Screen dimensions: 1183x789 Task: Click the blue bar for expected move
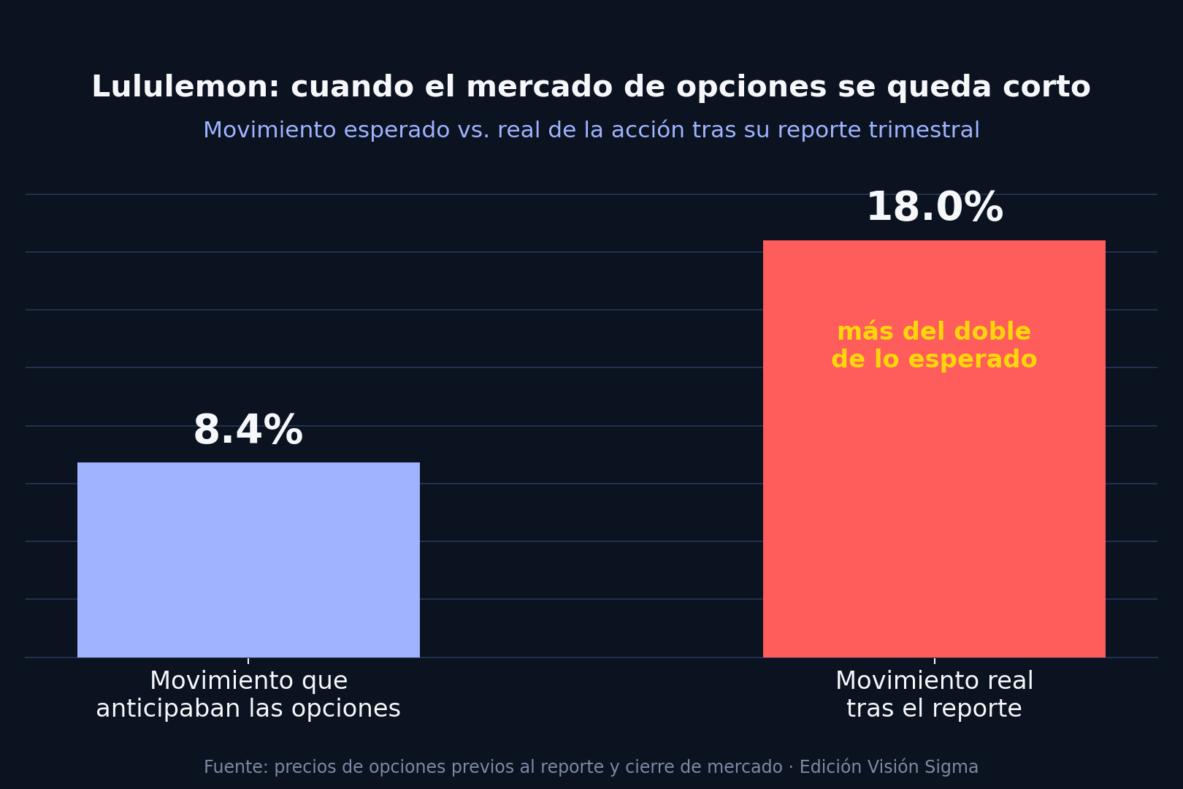(248, 560)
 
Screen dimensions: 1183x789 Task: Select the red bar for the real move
(934, 449)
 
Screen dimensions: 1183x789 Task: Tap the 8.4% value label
(248, 430)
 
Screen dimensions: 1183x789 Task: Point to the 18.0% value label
(935, 207)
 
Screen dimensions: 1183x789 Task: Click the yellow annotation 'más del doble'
(934, 332)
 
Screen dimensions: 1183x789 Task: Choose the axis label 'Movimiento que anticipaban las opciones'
(248, 695)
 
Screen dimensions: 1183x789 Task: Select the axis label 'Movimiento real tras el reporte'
(934, 695)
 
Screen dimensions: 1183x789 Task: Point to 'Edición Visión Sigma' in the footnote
(888, 767)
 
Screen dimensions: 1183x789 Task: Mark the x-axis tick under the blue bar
(248, 660)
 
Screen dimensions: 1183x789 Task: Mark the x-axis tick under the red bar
(934, 660)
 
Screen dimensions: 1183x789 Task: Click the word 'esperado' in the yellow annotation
(973, 360)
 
